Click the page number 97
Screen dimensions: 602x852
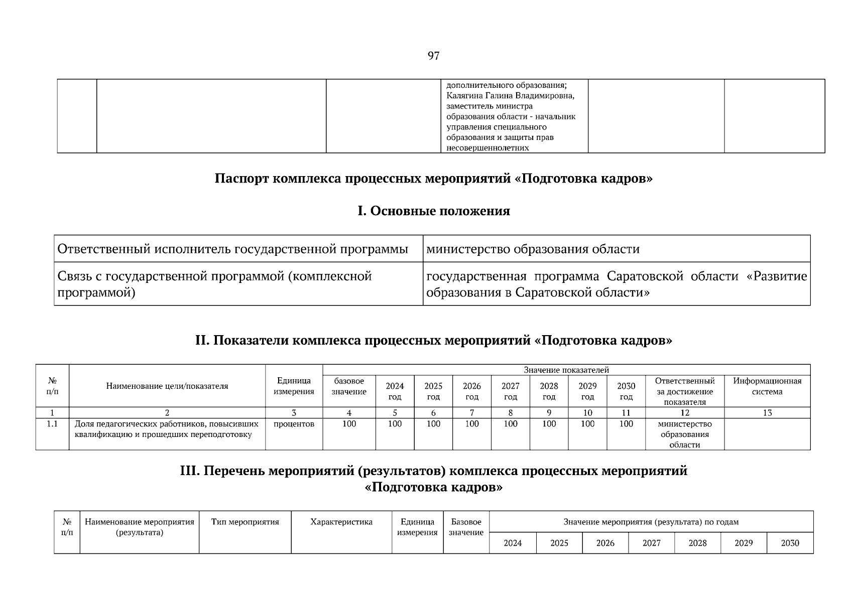point(433,56)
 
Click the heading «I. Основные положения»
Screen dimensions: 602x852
point(433,211)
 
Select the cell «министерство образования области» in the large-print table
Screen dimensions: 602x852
point(533,249)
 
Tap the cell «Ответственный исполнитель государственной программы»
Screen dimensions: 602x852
point(232,249)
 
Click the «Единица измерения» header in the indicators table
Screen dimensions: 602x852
point(294,386)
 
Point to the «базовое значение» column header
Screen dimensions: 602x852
point(349,386)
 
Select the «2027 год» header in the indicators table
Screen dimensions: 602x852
point(510,391)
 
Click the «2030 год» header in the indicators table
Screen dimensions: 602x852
point(626,391)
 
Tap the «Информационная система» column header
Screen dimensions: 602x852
point(767,386)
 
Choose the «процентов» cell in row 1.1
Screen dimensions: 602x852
point(294,424)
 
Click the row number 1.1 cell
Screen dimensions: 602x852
point(52,424)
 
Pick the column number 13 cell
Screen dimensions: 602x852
point(767,413)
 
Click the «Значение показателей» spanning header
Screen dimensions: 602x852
point(566,370)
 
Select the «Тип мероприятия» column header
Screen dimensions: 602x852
point(245,522)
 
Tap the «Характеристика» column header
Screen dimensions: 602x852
point(341,522)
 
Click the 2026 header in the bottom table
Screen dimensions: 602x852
point(605,543)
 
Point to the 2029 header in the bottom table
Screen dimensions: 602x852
point(743,543)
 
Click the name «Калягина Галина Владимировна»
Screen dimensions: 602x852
point(510,96)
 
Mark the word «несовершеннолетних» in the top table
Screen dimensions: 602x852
point(488,148)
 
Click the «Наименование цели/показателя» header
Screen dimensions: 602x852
point(167,386)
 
